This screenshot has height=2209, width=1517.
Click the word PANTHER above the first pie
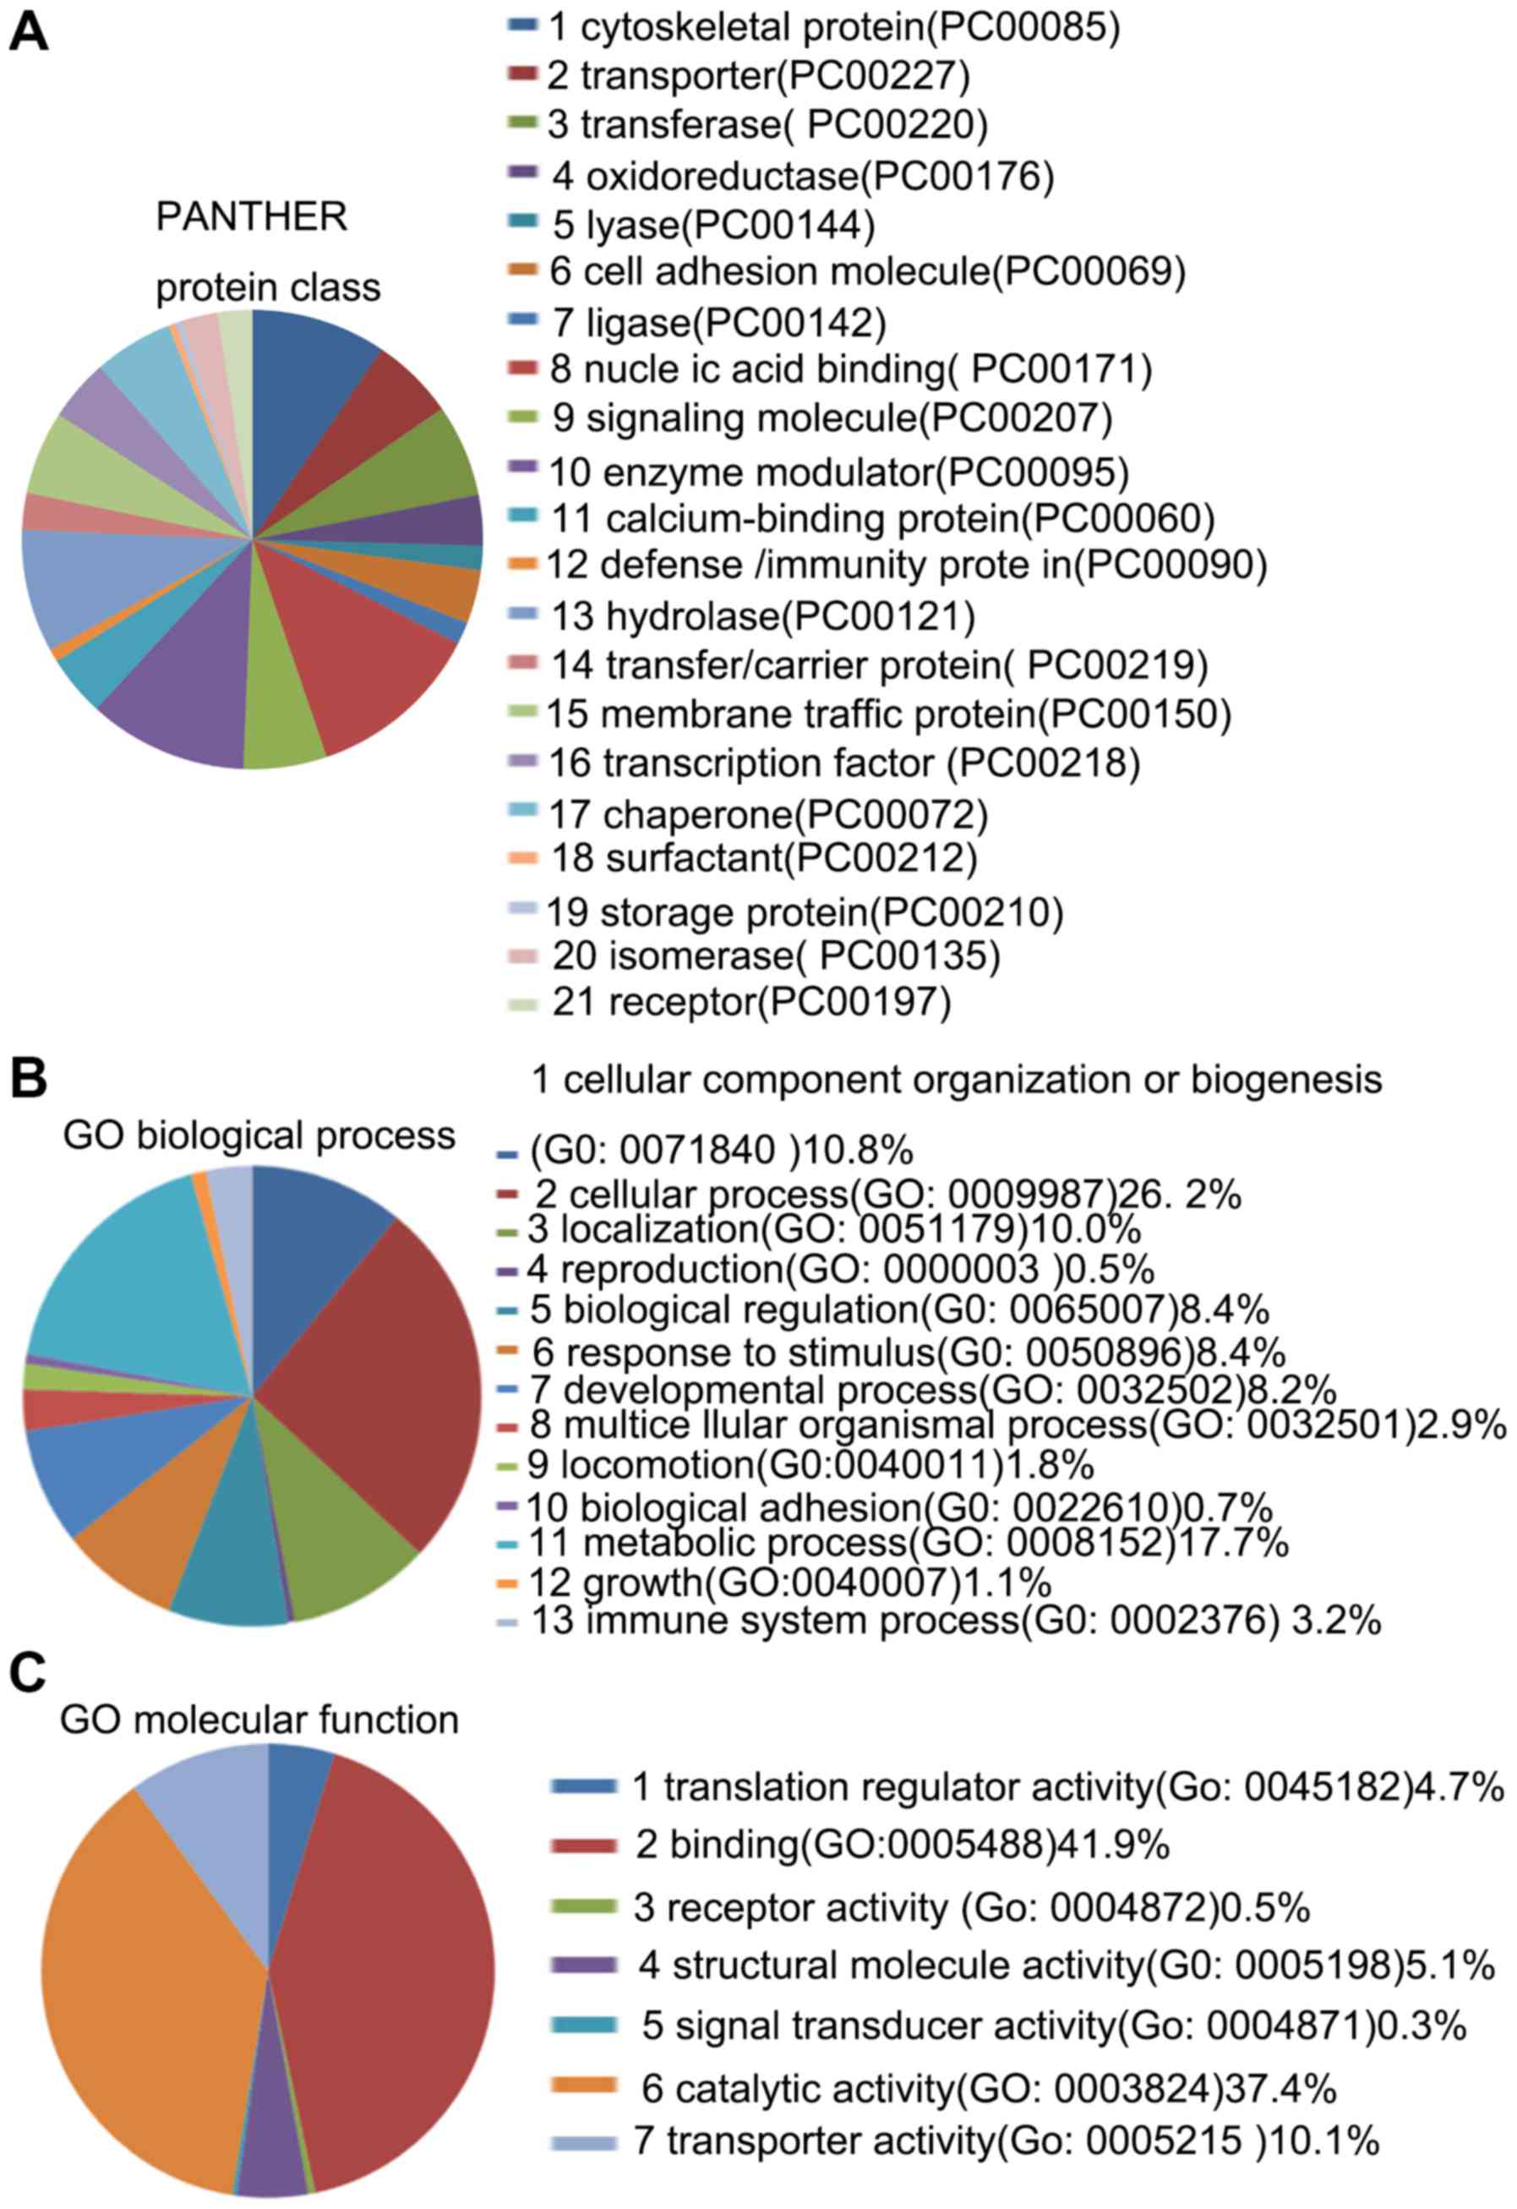[252, 217]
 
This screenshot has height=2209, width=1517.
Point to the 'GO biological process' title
[259, 1136]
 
